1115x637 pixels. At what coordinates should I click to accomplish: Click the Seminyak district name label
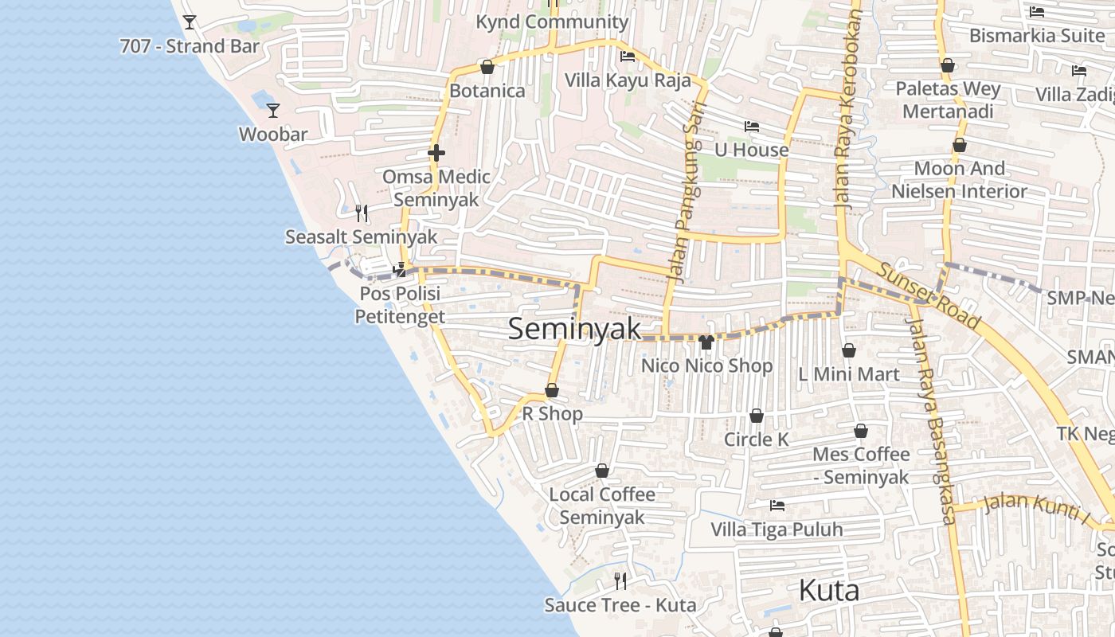[x=574, y=329]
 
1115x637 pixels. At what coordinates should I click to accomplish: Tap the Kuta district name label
[x=828, y=591]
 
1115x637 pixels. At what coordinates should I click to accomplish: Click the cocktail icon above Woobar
[x=273, y=111]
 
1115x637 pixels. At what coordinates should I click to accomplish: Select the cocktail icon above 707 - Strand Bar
[x=190, y=22]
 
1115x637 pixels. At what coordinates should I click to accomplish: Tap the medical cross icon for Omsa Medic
[x=436, y=153]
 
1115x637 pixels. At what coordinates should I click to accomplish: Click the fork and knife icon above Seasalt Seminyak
[x=362, y=213]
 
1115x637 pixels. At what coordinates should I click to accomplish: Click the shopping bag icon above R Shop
[x=551, y=390]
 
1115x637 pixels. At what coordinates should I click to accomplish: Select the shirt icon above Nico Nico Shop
[x=706, y=342]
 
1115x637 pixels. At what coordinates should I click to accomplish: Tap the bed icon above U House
[x=751, y=126]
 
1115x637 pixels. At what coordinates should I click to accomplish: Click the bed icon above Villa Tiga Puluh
[x=777, y=505]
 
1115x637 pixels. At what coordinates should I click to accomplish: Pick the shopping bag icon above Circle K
[x=756, y=416]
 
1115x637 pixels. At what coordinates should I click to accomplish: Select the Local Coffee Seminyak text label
[x=602, y=506]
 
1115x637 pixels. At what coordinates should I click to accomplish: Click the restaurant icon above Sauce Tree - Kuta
[x=620, y=580]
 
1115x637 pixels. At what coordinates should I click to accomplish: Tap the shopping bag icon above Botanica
[x=487, y=67]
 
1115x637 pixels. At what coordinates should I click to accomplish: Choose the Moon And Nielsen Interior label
[x=959, y=180]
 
